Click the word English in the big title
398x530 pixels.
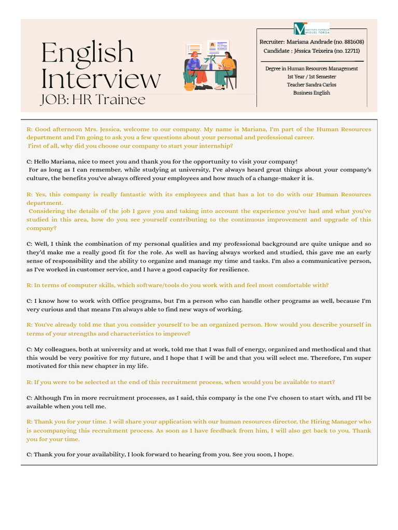pyautogui.click(x=87, y=53)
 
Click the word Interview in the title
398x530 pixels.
pyautogui.click(x=101, y=79)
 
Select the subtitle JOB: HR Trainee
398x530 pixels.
pyautogui.click(x=93, y=99)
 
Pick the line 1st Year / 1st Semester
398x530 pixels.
pyautogui.click(x=311, y=77)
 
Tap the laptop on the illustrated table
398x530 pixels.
pyautogui.click(x=204, y=67)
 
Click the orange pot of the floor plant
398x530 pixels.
pyautogui.click(x=189, y=86)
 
